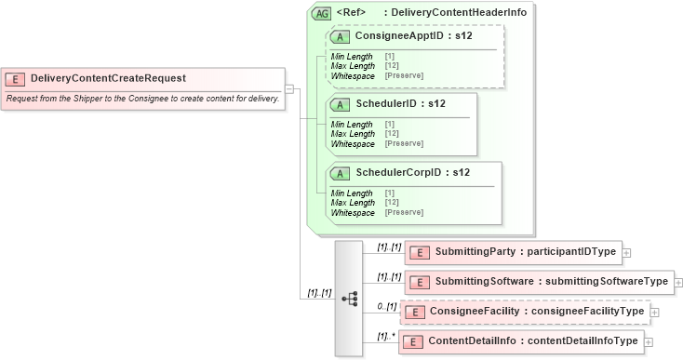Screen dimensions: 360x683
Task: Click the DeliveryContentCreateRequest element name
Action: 108,78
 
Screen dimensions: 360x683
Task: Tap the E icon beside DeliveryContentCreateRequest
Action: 16,79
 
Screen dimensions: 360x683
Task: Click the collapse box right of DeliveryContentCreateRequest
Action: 289,89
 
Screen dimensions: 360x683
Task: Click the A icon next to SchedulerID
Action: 341,103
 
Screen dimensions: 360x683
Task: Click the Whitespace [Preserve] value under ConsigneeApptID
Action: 404,75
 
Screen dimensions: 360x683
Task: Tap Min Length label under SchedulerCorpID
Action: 352,193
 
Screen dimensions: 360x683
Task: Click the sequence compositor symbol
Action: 350,299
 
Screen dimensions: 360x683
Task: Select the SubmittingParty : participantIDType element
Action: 526,252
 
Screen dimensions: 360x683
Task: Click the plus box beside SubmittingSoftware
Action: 677,282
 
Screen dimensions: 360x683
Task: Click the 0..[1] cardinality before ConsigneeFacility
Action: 387,305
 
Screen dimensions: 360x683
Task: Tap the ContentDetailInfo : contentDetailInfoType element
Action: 532,341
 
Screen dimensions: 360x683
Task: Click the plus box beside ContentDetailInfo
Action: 649,342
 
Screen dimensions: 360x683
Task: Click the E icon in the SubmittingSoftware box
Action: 420,282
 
